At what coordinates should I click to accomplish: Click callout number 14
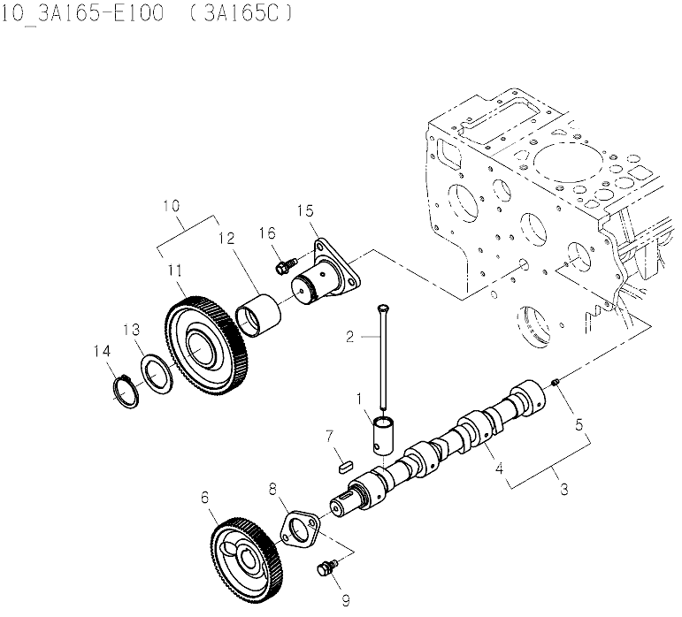point(102,352)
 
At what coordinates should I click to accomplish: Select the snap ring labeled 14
point(127,391)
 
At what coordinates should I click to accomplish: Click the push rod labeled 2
point(387,362)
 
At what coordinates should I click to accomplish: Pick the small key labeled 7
point(346,461)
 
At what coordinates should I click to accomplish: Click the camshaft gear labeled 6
point(248,560)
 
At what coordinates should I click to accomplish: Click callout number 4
point(499,469)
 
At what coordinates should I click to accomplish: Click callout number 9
point(346,601)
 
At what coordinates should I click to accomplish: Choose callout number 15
point(304,210)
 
